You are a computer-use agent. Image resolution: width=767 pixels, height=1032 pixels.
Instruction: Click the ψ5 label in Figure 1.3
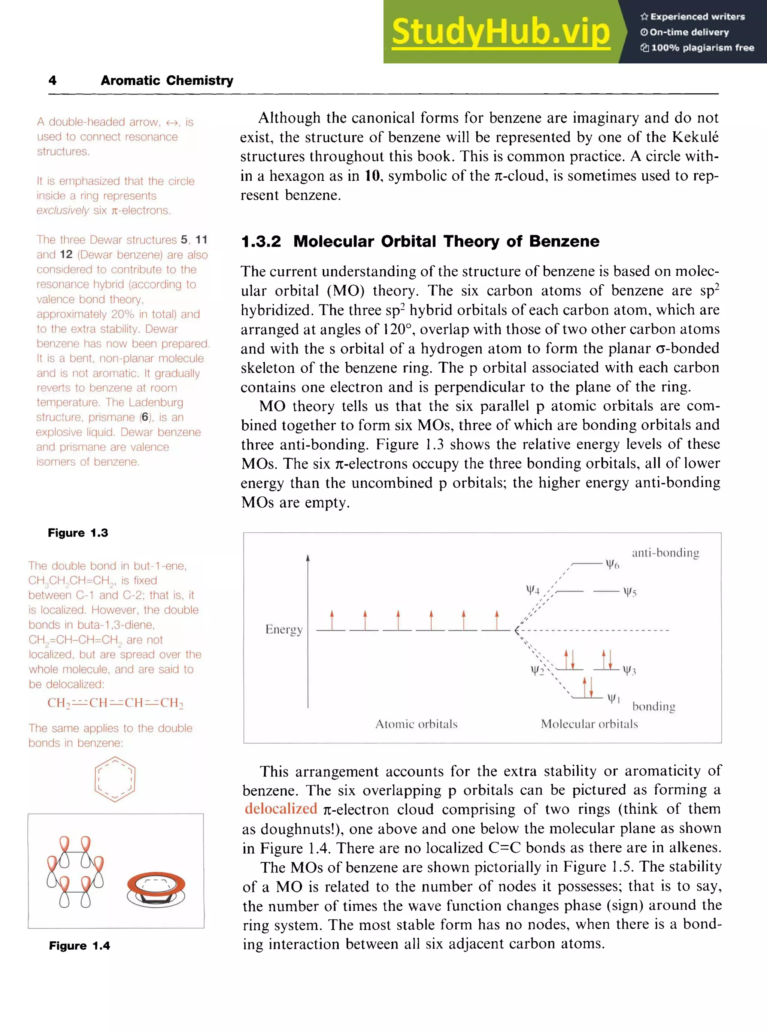630,592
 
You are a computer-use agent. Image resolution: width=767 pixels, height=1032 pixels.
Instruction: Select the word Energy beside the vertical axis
284,629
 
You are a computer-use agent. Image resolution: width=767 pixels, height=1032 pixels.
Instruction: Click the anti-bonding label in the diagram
665,553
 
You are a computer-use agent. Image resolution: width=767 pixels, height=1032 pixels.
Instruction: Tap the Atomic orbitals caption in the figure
416,724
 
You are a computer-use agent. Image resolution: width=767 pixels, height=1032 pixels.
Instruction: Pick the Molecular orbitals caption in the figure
589,724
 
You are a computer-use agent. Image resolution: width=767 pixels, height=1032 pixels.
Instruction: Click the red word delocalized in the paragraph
281,809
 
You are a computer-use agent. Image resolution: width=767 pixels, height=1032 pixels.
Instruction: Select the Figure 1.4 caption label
79,945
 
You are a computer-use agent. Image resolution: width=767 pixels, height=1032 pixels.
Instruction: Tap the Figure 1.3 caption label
78,533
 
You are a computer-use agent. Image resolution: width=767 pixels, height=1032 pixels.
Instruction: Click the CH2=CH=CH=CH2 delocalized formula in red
115,703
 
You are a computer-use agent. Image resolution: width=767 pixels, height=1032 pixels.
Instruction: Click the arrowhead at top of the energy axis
307,558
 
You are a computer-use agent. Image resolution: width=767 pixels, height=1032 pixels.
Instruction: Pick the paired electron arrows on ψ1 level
588,687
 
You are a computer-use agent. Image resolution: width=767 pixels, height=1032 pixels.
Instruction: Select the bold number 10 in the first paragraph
372,176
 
